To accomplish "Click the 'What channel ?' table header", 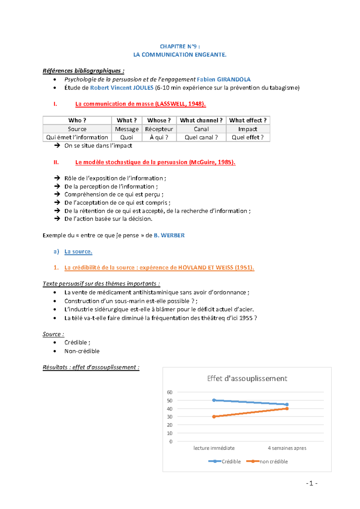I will pyautogui.click(x=201, y=120).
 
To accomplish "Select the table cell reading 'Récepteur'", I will pyautogui.click(x=159, y=129).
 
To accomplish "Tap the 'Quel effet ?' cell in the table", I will pyautogui.click(x=247, y=137).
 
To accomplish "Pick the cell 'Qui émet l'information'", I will pyautogui.click(x=77, y=137).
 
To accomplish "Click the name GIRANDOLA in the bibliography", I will pyautogui.click(x=234, y=79).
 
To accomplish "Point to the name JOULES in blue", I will pyautogui.click(x=143, y=88).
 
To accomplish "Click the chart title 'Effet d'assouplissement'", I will pyautogui.click(x=247, y=379).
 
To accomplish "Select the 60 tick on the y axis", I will pyautogui.click(x=170, y=392).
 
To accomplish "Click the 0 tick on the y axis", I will pyautogui.click(x=171, y=441).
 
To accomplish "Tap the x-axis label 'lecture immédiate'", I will pyautogui.click(x=214, y=448).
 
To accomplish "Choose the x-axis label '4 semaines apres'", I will pyautogui.click(x=287, y=448).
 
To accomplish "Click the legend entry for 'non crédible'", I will pyautogui.click(x=273, y=462).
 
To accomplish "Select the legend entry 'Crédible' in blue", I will pyautogui.click(x=231, y=462).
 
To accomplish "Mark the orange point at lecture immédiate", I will pyautogui.click(x=214, y=417).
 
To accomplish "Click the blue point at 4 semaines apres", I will pyautogui.click(x=287, y=404).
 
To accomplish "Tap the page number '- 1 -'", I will pyautogui.click(x=312, y=483).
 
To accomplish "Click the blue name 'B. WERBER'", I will pyautogui.click(x=169, y=235).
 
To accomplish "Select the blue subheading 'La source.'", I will pyautogui.click(x=78, y=252).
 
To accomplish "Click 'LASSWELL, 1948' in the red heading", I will pyautogui.click(x=179, y=104).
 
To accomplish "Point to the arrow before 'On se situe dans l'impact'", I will pyautogui.click(x=57, y=145).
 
